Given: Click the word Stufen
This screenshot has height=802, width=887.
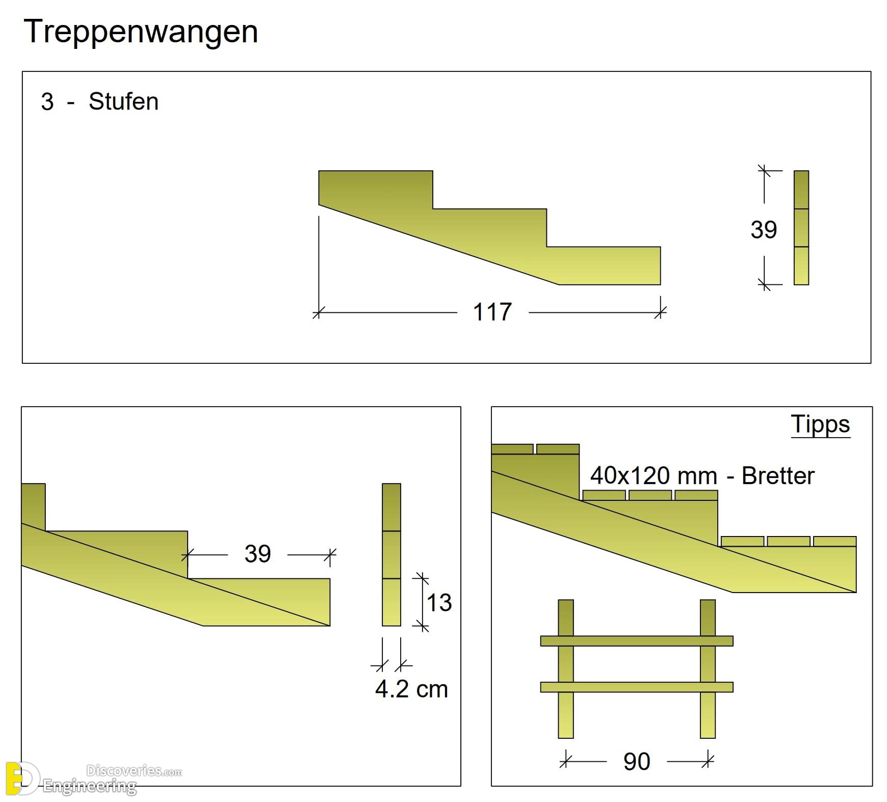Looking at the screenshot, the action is [x=123, y=101].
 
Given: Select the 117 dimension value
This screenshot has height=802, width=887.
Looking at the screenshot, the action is [x=492, y=312].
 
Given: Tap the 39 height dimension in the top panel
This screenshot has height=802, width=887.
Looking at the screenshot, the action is [x=764, y=229].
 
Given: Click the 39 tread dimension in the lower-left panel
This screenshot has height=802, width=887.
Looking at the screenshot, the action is [x=257, y=554].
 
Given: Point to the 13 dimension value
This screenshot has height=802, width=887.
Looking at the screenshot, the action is [x=439, y=603].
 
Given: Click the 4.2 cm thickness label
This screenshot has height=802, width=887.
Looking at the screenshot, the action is [x=411, y=689].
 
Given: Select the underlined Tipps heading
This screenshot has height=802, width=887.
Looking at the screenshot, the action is [x=820, y=424].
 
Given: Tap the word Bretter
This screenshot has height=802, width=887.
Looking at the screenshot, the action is [x=778, y=475].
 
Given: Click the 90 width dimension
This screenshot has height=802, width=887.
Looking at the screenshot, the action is [x=637, y=762].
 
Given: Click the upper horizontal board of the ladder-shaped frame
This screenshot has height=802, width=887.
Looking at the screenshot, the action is [x=637, y=641].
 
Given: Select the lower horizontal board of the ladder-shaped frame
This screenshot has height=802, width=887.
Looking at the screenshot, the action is [x=637, y=687].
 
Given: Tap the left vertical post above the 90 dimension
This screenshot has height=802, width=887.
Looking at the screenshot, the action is [x=566, y=669].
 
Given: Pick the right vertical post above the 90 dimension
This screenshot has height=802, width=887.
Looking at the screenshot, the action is [x=708, y=669].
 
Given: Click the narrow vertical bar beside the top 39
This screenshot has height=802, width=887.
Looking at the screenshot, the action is [x=801, y=228].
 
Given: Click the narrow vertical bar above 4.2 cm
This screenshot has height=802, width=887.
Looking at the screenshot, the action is [x=392, y=554].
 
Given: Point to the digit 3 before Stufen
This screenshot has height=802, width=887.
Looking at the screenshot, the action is [x=47, y=102].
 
